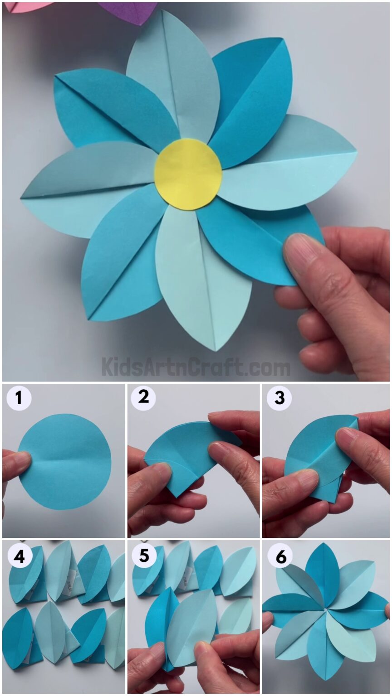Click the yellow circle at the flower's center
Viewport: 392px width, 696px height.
click(188, 174)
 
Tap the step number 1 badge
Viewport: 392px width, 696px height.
click(18, 398)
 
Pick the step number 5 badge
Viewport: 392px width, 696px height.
click(144, 556)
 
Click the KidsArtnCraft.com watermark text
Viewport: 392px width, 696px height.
click(196, 367)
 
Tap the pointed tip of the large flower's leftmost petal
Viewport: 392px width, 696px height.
click(22, 198)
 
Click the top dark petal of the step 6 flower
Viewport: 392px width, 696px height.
click(323, 571)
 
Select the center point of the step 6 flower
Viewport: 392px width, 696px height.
click(325, 610)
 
